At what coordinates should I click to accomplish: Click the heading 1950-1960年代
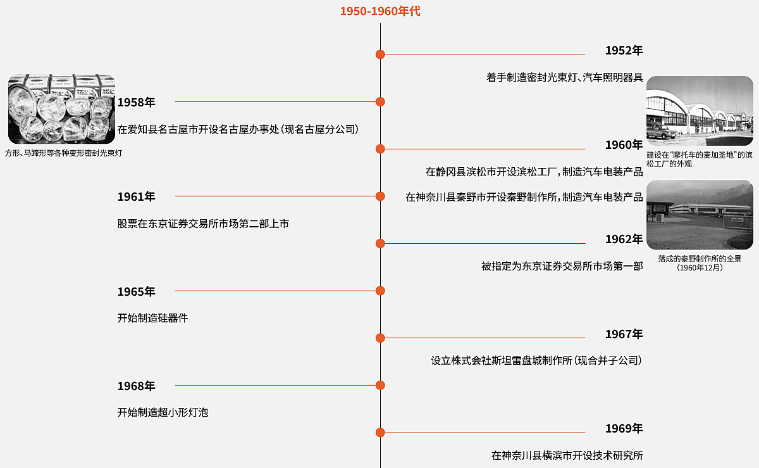click(x=380, y=11)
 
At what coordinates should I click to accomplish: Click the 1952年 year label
click(x=624, y=51)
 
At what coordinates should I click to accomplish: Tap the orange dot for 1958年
click(x=380, y=101)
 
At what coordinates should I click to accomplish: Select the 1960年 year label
click(x=624, y=145)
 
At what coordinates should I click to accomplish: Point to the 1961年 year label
click(x=136, y=196)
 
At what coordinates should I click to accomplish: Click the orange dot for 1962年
click(x=380, y=243)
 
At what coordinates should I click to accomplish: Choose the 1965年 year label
click(x=136, y=291)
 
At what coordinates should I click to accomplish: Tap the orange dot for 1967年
click(x=380, y=338)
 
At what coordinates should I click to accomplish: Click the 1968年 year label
click(x=136, y=386)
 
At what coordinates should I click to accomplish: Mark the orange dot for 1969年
click(x=380, y=433)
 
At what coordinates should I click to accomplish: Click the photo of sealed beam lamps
click(x=61, y=109)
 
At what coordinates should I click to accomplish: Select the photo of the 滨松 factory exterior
click(x=699, y=111)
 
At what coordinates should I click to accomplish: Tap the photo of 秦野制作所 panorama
click(x=699, y=214)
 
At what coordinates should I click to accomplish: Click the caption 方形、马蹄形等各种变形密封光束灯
click(x=63, y=153)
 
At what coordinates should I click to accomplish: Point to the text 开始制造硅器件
click(x=152, y=318)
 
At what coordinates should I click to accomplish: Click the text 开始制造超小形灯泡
click(x=163, y=412)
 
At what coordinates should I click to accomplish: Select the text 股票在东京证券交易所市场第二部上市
click(x=203, y=224)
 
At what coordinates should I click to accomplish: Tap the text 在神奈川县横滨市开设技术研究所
click(x=567, y=455)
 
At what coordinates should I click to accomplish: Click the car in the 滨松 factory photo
click(x=661, y=132)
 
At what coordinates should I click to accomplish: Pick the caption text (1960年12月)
click(x=699, y=268)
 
